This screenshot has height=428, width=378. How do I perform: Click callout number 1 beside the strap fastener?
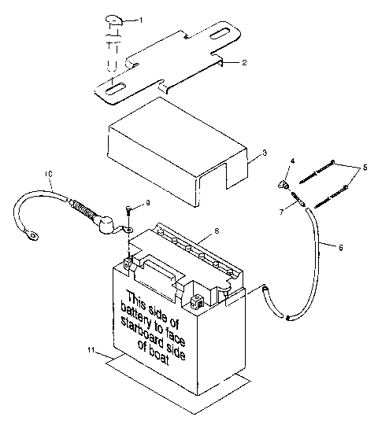click(x=142, y=19)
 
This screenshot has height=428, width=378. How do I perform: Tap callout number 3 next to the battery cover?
click(x=265, y=152)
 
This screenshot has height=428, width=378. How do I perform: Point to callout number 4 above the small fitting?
click(x=291, y=161)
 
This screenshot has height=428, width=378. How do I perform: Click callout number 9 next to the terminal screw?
click(x=147, y=203)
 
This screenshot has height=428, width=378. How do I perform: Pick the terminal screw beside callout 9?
click(x=128, y=209)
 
